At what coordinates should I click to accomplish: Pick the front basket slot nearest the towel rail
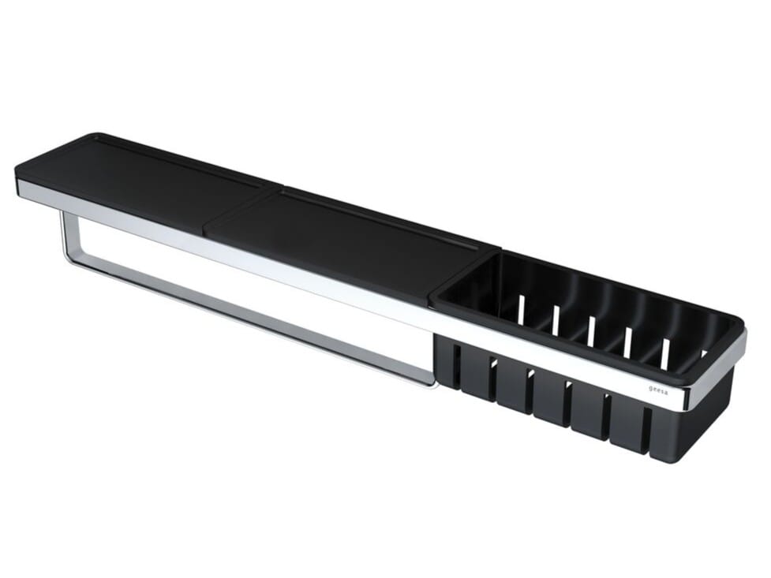[456, 362]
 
